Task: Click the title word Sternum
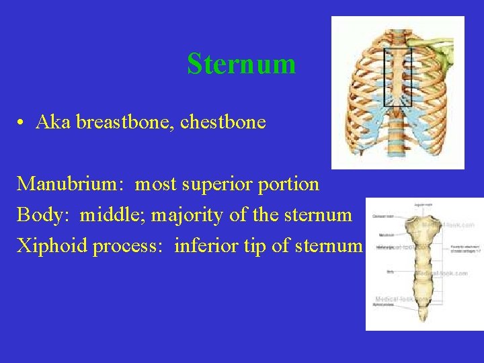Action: [241, 64]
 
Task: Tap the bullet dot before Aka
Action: [22, 123]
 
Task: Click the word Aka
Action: [54, 122]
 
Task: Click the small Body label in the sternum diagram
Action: [390, 272]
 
